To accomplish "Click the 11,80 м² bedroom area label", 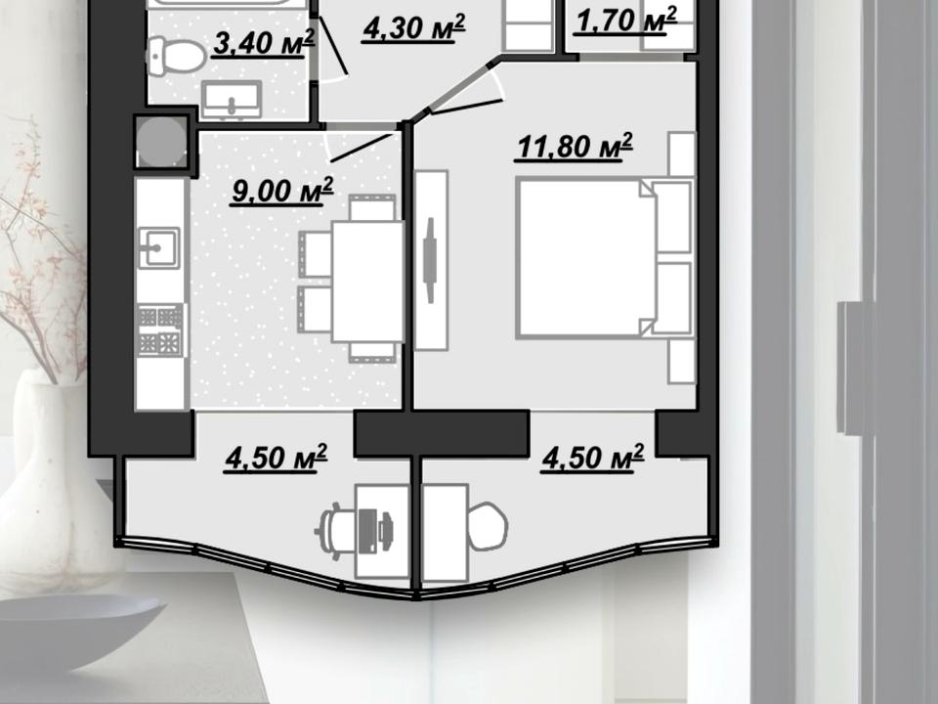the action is click(x=574, y=148).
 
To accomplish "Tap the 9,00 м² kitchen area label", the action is click(x=282, y=191).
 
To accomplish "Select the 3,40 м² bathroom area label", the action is click(x=263, y=43).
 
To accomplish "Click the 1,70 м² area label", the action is click(x=626, y=21).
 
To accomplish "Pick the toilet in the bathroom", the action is click(x=176, y=56).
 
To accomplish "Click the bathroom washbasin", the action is click(x=232, y=100).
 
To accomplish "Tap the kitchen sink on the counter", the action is click(x=159, y=247).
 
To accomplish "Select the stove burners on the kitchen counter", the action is click(x=160, y=330).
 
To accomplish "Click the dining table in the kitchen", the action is click(x=367, y=282).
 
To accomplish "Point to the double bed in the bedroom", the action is click(x=605, y=257).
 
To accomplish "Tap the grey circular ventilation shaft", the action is click(x=161, y=142).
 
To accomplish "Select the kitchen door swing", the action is click(x=361, y=147).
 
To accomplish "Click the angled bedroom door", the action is click(x=466, y=107).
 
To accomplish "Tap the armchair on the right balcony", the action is click(x=487, y=526).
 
